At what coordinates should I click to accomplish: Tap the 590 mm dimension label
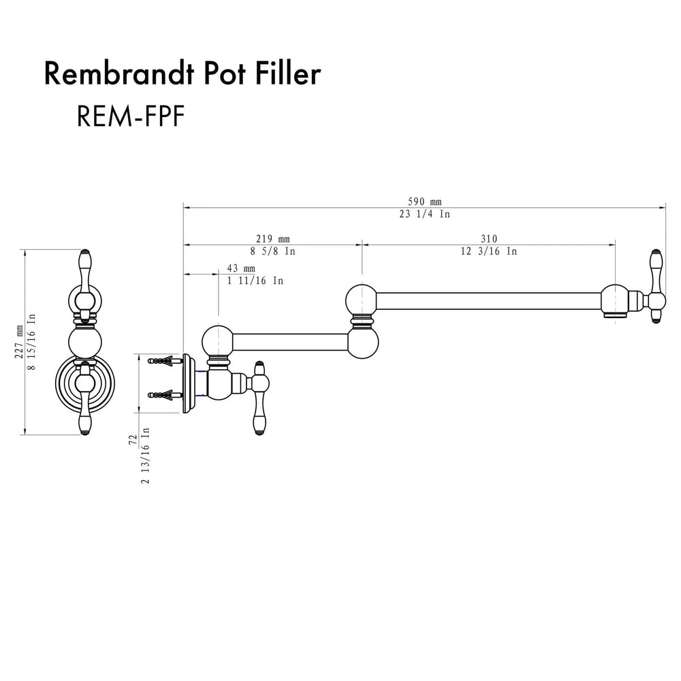pos(425,202)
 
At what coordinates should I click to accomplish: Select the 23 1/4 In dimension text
pos(425,213)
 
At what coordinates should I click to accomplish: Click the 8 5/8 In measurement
pos(272,251)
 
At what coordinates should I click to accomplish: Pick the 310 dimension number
pos(488,238)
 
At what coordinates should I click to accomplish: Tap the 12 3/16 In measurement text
pos(488,251)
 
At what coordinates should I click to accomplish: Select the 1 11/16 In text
pos(255,281)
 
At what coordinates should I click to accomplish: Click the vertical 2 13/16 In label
pos(146,456)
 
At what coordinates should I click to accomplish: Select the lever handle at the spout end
pos(656,286)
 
